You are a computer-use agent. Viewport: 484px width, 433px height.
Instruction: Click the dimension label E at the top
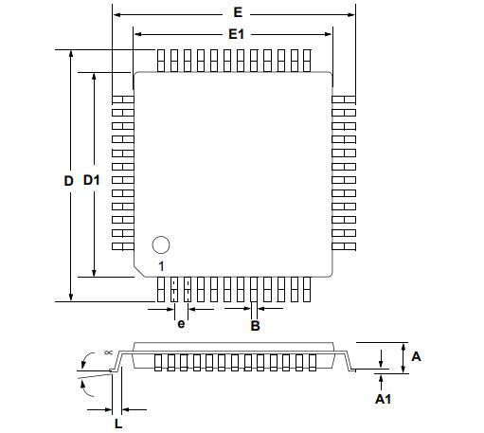pyautogui.click(x=238, y=12)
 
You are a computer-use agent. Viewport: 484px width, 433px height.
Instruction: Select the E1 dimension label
pyautogui.click(x=236, y=34)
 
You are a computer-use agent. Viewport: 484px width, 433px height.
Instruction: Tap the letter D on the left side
pyautogui.click(x=68, y=181)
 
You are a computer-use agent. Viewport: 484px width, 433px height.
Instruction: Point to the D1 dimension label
pyautogui.click(x=92, y=180)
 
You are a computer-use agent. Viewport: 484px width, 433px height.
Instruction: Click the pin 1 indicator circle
pyautogui.click(x=161, y=244)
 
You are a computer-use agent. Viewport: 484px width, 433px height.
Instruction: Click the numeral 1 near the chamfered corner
pyautogui.click(x=161, y=266)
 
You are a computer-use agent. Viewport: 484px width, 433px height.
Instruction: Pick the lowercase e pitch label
pyautogui.click(x=181, y=324)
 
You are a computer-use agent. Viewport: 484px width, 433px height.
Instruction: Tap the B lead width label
pyautogui.click(x=255, y=326)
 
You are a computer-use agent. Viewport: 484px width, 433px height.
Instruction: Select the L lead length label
pyautogui.click(x=118, y=424)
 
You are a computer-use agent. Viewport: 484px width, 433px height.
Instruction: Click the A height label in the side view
pyautogui.click(x=416, y=356)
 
